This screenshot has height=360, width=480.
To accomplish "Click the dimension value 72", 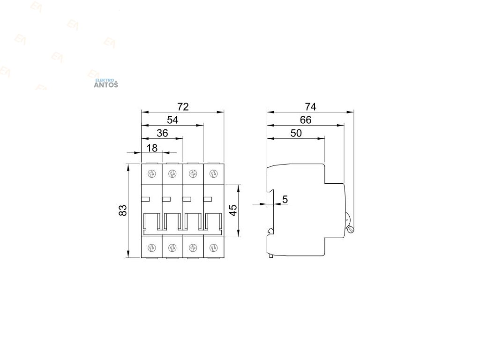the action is point(183,107).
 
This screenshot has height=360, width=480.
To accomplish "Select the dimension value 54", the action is point(172,120).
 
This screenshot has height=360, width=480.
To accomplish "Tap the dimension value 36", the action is point(162,133).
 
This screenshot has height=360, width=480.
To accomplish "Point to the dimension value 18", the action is point(152,148).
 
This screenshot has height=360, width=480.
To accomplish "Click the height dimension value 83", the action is point(123,210).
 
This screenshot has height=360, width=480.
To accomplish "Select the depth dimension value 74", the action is point(310,107).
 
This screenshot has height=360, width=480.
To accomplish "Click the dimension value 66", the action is point(305,120).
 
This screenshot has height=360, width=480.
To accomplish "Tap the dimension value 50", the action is point(295,133).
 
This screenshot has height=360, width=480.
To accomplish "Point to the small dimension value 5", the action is point(285,200).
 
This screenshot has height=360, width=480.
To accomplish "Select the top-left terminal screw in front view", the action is point(151,174).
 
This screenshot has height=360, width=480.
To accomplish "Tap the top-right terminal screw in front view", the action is point(213,174).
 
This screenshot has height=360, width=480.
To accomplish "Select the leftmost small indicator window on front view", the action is point(145,199).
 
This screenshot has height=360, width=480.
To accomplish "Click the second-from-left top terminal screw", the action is point(172,174).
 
